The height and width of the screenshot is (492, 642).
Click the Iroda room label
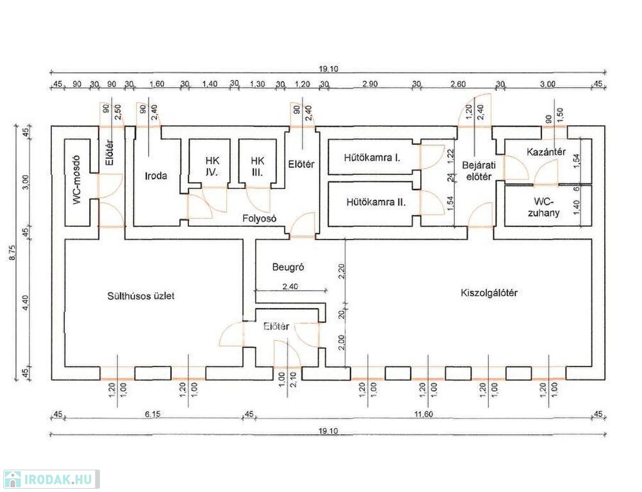[x=156, y=175]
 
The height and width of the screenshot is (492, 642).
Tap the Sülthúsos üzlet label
[x=142, y=296]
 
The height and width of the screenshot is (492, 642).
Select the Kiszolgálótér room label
[x=489, y=293]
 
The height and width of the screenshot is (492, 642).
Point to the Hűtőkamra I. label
[x=372, y=156]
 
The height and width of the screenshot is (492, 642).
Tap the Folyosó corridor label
[x=259, y=218]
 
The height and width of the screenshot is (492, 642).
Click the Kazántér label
[x=545, y=152]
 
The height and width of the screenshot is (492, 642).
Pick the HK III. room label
[x=258, y=166]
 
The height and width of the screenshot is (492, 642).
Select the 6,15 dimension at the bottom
[x=152, y=414]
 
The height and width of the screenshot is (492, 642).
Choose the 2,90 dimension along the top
[x=370, y=84]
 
